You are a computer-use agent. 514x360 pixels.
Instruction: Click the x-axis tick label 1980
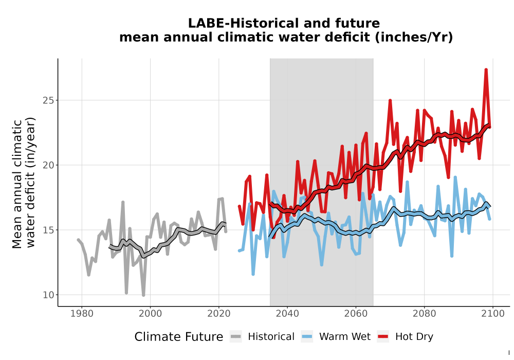tap(82, 314)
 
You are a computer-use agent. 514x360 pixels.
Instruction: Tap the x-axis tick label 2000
tap(150, 314)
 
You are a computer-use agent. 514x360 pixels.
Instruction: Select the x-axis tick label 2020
tap(218, 314)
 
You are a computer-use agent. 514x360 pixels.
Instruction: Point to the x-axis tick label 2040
tap(287, 314)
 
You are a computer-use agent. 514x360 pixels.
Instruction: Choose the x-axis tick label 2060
tap(356, 314)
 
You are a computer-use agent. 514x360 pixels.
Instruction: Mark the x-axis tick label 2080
tap(424, 314)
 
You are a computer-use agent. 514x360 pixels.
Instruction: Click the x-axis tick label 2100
tap(493, 314)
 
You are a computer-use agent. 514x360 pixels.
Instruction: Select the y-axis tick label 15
tap(48, 230)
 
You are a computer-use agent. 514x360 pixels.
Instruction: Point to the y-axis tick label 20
tap(48, 165)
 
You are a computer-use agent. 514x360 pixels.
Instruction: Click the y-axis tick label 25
tap(48, 100)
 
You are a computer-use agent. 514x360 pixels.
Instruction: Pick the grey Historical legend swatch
tap(236, 337)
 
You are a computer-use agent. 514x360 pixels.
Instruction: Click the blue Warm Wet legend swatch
tap(307, 337)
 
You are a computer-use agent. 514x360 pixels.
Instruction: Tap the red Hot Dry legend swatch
tap(383, 337)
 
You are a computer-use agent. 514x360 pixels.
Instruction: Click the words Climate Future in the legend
tap(179, 337)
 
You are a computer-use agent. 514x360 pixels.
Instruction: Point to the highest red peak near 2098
tap(486, 70)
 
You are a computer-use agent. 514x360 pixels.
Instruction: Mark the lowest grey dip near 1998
tap(143, 295)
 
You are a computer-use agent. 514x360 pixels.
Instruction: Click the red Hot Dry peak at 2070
tap(390, 101)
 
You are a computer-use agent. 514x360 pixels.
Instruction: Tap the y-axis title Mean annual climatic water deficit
tap(23, 183)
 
